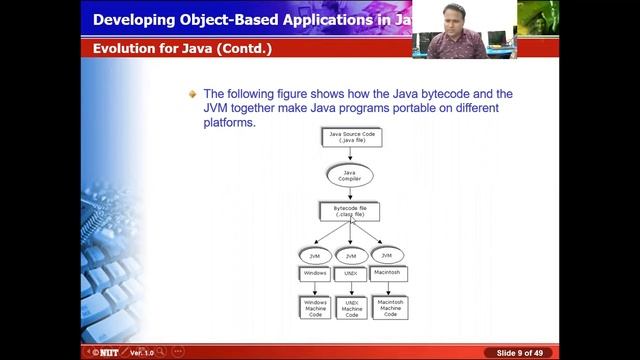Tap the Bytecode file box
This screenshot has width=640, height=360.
click(x=349, y=211)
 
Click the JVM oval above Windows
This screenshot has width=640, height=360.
click(x=314, y=255)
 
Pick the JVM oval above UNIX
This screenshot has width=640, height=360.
click(x=350, y=255)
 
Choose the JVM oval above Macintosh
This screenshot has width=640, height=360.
click(x=388, y=255)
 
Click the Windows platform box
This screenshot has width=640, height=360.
click(x=314, y=273)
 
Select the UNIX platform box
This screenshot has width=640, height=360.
click(x=350, y=273)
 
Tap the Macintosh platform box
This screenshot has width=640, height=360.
click(x=388, y=272)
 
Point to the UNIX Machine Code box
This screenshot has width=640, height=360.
click(x=351, y=307)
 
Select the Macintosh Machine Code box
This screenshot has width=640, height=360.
click(x=389, y=307)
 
